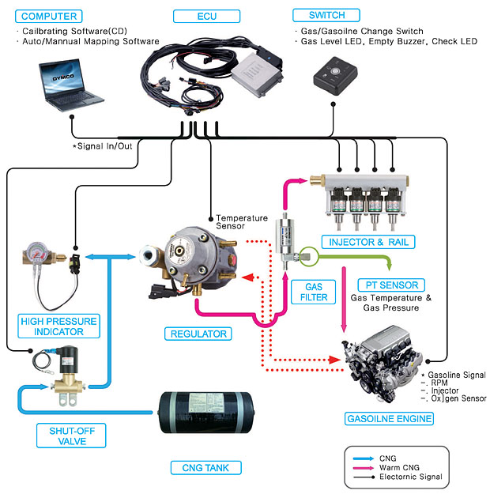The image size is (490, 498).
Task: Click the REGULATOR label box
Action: point(198,334)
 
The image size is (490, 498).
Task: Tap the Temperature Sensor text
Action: point(242,222)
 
